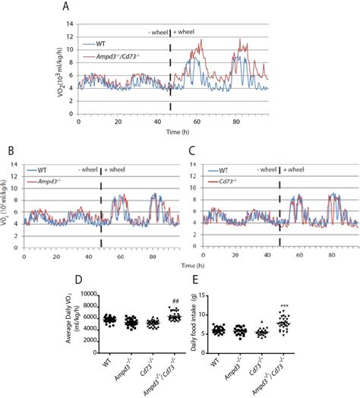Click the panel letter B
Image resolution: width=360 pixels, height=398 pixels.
(x=8, y=150)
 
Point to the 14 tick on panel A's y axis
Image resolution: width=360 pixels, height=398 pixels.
(x=70, y=24)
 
